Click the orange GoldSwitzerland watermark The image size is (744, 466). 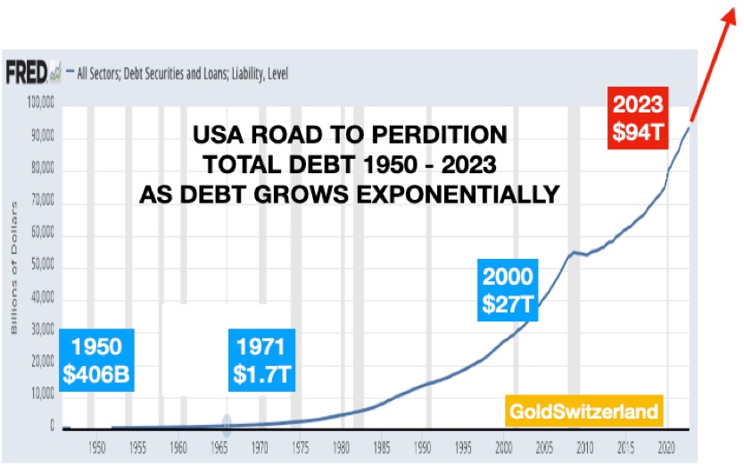(x=584, y=412)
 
